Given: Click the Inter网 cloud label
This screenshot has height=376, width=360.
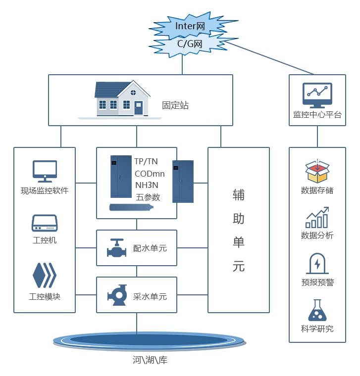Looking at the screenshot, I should [x=190, y=26].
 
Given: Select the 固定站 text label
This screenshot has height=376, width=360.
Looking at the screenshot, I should [x=175, y=105].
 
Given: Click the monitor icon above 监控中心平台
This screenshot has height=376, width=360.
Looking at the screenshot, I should [x=317, y=96].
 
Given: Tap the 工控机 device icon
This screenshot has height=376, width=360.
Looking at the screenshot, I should [x=45, y=223].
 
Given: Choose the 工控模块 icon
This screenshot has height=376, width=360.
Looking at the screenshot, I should [x=44, y=276].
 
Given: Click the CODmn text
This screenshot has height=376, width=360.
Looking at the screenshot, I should [x=150, y=173].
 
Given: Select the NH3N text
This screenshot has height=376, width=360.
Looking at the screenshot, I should [x=147, y=185].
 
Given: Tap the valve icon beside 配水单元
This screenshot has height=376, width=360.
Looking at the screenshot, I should [x=117, y=248].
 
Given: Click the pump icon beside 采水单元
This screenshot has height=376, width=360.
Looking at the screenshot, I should [x=117, y=296].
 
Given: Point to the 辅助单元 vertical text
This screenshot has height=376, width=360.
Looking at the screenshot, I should [x=239, y=230].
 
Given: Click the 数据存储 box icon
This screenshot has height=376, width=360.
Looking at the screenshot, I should [x=317, y=171].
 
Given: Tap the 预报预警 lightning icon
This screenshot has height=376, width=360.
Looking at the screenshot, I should [x=317, y=264].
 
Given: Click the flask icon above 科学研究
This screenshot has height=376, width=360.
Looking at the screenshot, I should [x=317, y=310].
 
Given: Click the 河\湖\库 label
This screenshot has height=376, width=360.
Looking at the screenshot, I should [x=150, y=360].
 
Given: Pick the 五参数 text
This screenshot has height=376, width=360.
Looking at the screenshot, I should [x=148, y=197].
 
